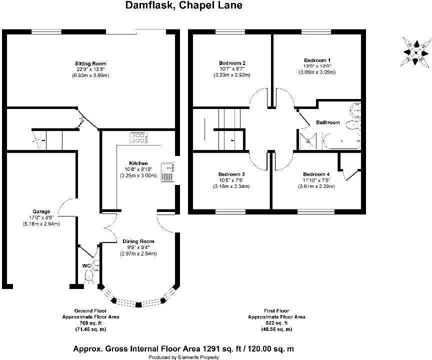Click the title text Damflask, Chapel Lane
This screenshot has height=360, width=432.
[183, 6]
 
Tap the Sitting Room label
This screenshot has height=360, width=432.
[90, 63]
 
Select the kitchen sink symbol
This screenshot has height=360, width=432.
[167, 173]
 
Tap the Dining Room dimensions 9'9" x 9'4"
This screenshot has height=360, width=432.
[138, 247]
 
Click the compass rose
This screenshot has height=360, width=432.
[415, 52]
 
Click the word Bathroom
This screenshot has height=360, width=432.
[328, 122]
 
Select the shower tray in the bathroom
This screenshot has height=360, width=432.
[309, 140]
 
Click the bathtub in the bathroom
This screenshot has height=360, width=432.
[341, 140]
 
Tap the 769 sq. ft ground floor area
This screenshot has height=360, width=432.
[90, 323]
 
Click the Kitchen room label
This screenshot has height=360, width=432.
[138, 163]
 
